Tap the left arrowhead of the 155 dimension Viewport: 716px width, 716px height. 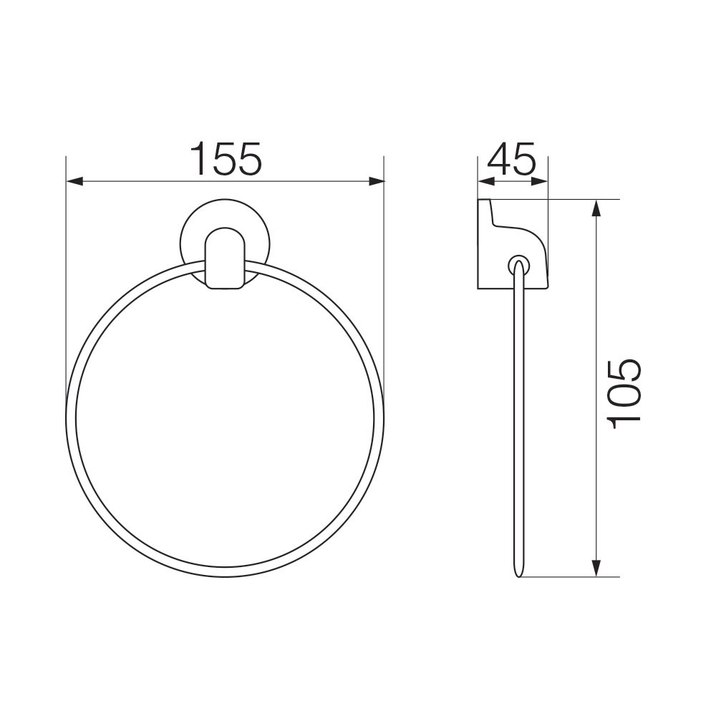[75, 181]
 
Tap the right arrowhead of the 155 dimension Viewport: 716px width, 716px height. [375, 181]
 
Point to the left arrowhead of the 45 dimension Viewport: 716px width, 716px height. [486, 181]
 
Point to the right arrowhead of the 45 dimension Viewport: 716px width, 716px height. [539, 181]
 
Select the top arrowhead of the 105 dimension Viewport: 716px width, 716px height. [596, 208]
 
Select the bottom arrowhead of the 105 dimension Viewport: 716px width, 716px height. [596, 568]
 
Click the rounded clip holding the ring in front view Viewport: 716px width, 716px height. [225, 258]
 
